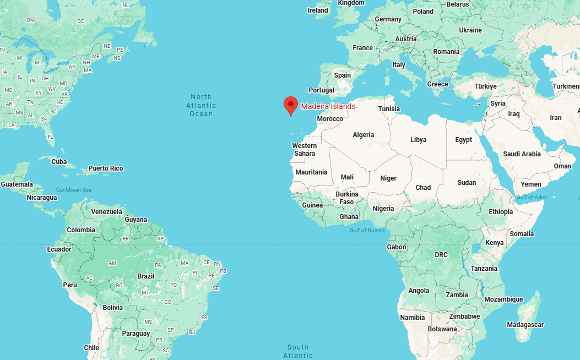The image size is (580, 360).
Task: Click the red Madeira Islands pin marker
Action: click(290, 105)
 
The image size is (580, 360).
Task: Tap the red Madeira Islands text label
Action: click(328, 106)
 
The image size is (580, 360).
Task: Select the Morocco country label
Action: click(330, 119)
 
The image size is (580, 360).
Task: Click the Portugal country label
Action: click(321, 90)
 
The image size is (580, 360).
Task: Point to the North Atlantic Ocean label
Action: click(201, 105)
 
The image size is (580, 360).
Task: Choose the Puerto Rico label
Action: click(106, 168)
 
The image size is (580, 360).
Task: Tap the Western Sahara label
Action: click(305, 149)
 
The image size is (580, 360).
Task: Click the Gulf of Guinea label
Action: click(367, 230)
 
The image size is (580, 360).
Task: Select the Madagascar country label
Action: click(525, 325)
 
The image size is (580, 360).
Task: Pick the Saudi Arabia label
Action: click(523, 154)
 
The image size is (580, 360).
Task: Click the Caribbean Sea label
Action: click(74, 190)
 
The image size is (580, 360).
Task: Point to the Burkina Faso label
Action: click(347, 198)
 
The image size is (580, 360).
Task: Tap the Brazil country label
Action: click(146, 276)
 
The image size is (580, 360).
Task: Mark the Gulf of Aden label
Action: click(532, 197)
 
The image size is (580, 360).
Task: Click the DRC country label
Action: click(441, 255)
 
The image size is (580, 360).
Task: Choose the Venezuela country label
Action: click(106, 212)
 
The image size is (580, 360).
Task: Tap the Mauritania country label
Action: click(311, 172)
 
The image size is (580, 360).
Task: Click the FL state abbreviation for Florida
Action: click(50, 137)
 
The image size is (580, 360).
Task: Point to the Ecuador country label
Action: click(59, 249)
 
